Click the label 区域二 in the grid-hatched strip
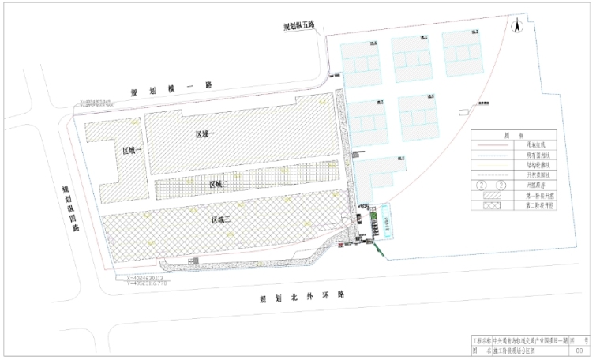(x=219, y=184)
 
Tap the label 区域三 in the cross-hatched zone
(x=221, y=219)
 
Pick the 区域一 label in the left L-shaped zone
(x=133, y=151)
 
